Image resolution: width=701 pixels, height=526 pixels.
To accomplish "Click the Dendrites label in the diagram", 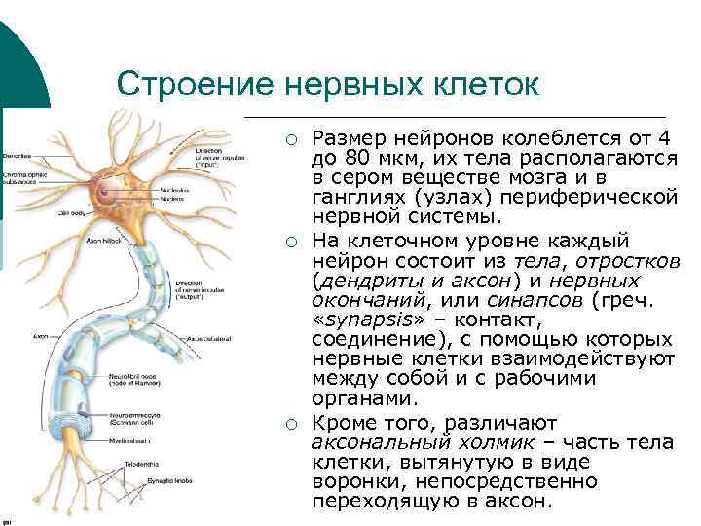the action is [18, 156].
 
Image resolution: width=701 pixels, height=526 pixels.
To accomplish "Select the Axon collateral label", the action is [213, 338].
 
